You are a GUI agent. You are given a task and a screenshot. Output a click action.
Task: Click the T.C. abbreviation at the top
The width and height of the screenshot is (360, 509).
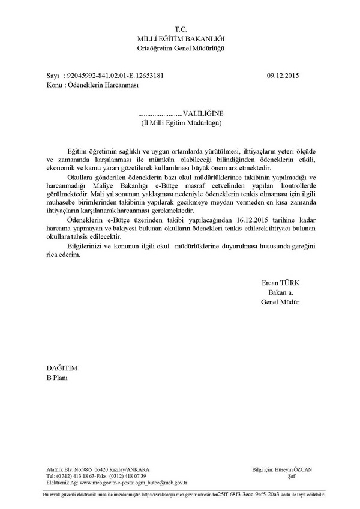[x=181, y=29]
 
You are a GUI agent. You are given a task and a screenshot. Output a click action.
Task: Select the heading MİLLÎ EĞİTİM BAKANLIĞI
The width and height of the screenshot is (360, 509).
[x=181, y=38]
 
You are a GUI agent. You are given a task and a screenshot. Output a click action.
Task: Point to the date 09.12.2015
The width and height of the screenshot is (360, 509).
[x=283, y=76]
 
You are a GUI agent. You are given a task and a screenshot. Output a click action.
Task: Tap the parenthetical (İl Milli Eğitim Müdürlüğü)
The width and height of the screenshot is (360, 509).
[x=181, y=122]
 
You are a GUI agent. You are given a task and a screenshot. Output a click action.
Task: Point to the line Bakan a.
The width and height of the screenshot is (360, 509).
[x=280, y=292]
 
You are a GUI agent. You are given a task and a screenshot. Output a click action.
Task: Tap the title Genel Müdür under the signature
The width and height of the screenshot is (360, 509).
[x=280, y=301]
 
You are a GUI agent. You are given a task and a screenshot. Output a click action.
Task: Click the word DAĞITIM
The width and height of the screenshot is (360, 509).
[x=62, y=367]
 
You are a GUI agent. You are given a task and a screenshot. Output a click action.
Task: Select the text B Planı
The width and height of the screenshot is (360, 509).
[x=58, y=376]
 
